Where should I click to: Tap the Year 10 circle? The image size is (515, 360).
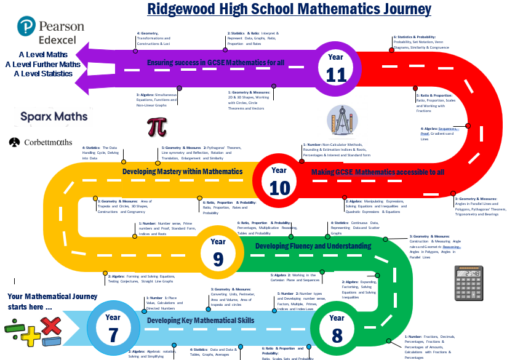coord(279,179)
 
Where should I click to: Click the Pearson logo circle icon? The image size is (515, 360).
coord(26,28)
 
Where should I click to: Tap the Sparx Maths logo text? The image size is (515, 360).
coord(54,116)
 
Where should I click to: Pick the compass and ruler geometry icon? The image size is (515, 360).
coord(340,121)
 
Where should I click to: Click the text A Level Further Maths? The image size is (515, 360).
coord(43,64)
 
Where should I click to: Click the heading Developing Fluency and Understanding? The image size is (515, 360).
coord(313,246)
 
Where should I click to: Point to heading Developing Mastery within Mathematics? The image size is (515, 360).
coord(183,171)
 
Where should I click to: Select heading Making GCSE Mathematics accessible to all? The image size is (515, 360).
coord(377,172)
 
